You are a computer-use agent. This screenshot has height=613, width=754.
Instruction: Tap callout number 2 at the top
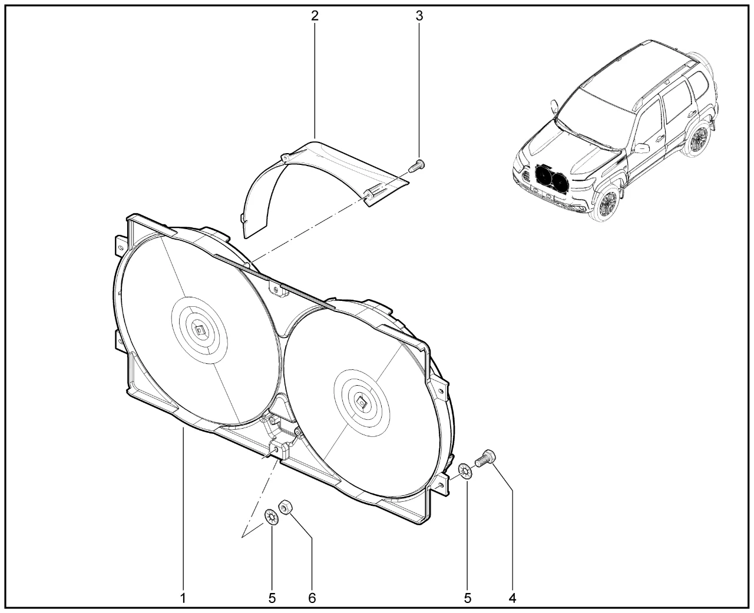315,15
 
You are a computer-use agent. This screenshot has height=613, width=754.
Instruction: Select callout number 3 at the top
419,15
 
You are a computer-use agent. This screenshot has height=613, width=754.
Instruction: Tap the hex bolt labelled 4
485,458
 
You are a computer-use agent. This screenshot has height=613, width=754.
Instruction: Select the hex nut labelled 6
285,507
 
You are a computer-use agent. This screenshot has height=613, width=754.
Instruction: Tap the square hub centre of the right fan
362,402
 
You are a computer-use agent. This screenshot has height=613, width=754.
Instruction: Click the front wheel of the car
607,204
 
